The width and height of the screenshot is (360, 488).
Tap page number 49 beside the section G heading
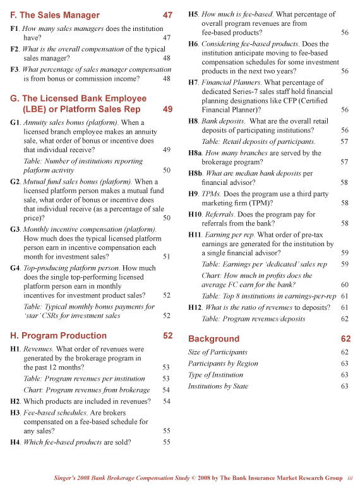[167, 109]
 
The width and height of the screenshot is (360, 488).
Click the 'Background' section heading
[213, 339]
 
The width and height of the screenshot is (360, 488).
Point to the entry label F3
[15, 69]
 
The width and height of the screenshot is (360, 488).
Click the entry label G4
[16, 268]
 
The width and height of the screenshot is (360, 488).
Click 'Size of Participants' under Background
[217, 352]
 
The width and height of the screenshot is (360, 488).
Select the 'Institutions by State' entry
[218, 386]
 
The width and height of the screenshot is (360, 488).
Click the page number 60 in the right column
[344, 285]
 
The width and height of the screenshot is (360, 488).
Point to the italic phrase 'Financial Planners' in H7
[224, 83]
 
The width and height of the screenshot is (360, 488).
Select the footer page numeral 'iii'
[350, 479]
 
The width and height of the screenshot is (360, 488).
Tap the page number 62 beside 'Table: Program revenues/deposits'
[344, 319]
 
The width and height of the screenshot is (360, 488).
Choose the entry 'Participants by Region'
[223, 364]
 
